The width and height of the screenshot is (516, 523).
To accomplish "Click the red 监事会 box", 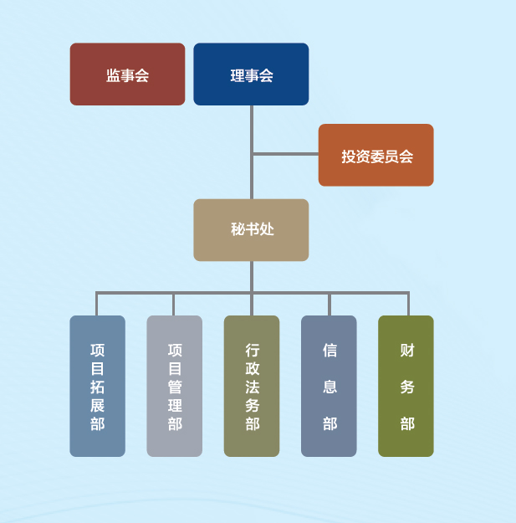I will tap(127, 74).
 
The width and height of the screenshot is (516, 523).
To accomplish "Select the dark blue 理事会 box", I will tap(251, 74).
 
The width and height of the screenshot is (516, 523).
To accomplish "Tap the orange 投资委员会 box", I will tap(376, 156).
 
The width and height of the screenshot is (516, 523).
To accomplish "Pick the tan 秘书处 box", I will tap(251, 229).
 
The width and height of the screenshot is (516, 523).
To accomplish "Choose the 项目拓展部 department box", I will tap(97, 386).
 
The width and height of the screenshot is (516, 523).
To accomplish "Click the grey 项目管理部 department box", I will tap(174, 386).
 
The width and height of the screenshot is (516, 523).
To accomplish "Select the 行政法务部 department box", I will tap(252, 386).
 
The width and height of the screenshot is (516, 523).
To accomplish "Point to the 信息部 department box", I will tap(329, 386).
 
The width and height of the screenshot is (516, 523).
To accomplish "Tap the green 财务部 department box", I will tap(406, 386).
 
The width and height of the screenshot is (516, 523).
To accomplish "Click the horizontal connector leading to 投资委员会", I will tap(285, 154).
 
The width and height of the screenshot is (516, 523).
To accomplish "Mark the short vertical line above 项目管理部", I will tap(174, 304).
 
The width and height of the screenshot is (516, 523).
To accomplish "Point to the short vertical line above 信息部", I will tap(329, 304).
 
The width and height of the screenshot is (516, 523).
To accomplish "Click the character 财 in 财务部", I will tap(407, 351).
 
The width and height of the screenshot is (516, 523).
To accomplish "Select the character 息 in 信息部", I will tap(330, 387).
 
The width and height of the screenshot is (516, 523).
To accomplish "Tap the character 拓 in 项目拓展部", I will tap(98, 387).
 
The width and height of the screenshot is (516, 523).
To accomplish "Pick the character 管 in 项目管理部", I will tap(175, 387).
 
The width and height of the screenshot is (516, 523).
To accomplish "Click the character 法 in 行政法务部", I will tap(253, 387).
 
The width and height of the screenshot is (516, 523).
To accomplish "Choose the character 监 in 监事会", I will tap(113, 75).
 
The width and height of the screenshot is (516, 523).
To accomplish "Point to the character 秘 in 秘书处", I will tap(238, 229).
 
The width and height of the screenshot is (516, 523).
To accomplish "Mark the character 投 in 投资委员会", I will tap(348, 156).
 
